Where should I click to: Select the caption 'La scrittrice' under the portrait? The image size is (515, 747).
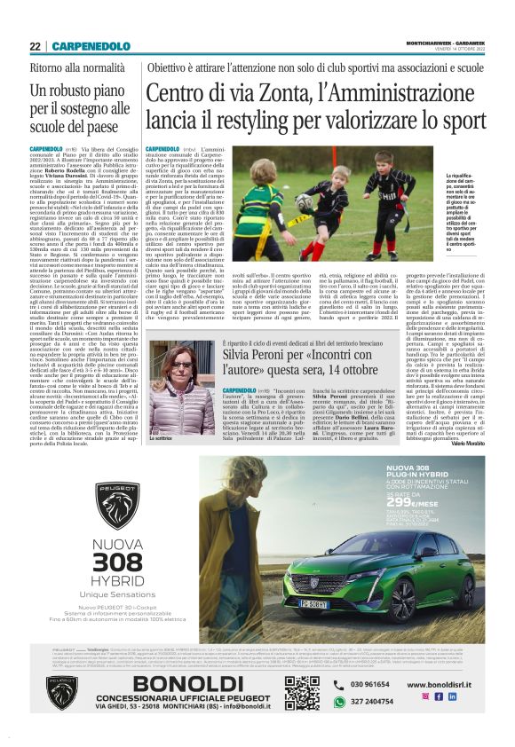[161, 438]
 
